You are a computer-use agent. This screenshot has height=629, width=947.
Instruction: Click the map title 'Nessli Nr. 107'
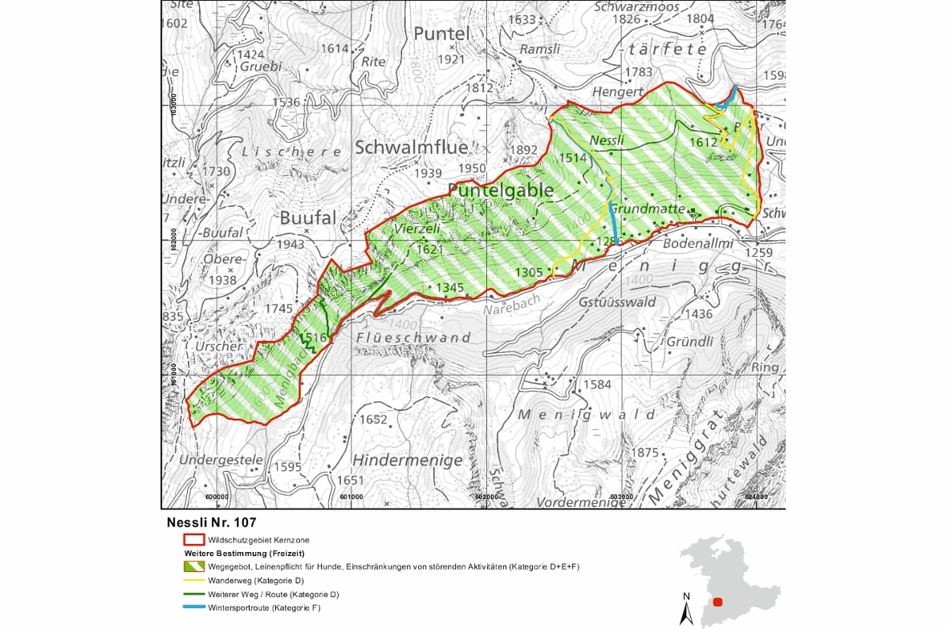click(x=212, y=522)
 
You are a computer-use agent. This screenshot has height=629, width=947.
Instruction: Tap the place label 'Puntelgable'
click(x=501, y=190)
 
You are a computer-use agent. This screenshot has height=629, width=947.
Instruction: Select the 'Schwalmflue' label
click(x=410, y=148)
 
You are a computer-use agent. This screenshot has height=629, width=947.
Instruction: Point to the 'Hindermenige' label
click(x=407, y=461)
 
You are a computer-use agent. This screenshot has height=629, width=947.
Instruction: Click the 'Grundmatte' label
click(x=646, y=209)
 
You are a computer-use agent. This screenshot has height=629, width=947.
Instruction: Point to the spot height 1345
click(x=450, y=287)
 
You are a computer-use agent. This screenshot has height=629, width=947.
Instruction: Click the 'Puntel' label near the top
click(x=441, y=34)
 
